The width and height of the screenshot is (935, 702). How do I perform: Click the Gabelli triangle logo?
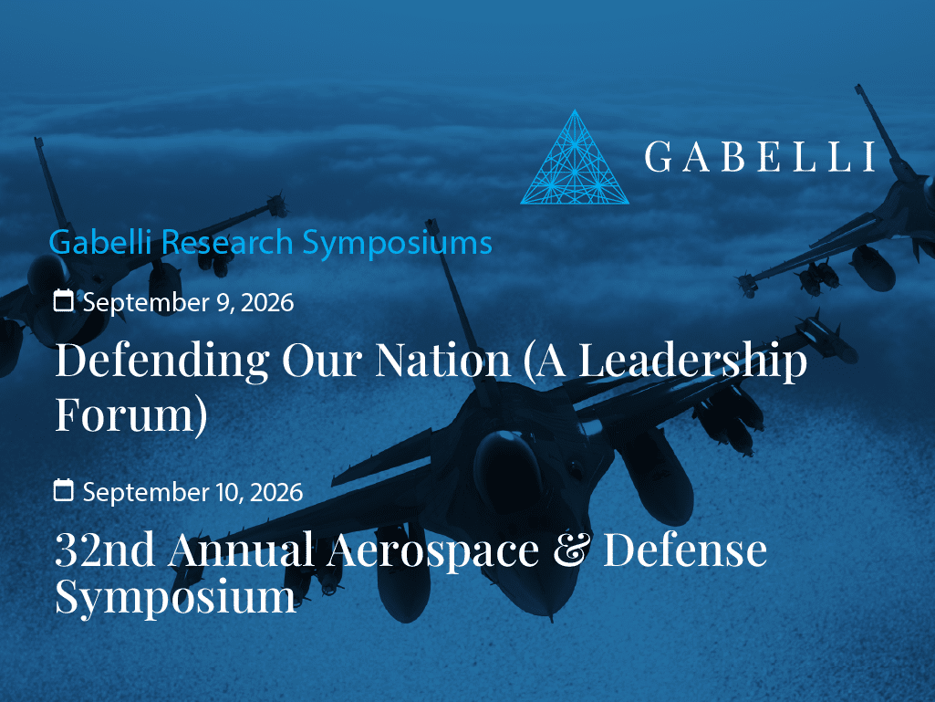point(575,158)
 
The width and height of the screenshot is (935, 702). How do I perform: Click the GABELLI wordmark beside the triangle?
point(760,157)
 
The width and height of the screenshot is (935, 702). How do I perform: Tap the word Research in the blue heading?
point(227,242)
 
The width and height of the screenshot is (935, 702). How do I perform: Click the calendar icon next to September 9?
point(63,300)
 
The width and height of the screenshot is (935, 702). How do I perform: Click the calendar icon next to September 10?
point(63,490)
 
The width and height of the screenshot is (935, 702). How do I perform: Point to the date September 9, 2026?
point(188,302)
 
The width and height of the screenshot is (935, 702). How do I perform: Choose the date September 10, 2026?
point(192,492)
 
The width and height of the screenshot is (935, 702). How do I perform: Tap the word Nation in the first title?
point(443,360)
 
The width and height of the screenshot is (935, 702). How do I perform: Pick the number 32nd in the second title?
point(105,550)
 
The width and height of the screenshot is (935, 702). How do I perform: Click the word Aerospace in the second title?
point(433,550)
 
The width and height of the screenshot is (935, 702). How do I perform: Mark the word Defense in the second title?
point(685,550)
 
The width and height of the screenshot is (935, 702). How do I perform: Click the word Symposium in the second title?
point(175,597)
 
